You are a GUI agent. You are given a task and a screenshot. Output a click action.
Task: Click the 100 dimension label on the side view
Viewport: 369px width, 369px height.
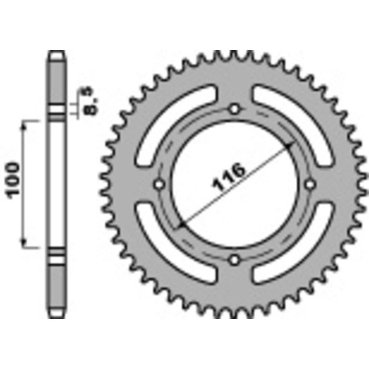14,180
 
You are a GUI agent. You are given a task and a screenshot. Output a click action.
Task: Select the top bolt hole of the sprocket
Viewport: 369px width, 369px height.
235,109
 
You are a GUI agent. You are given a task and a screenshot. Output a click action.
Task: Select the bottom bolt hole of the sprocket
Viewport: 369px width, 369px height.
235,260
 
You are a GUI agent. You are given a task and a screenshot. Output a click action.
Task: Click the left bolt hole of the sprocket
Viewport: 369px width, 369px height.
160,184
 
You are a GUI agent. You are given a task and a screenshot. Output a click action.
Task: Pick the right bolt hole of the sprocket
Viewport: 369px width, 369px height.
310,184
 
